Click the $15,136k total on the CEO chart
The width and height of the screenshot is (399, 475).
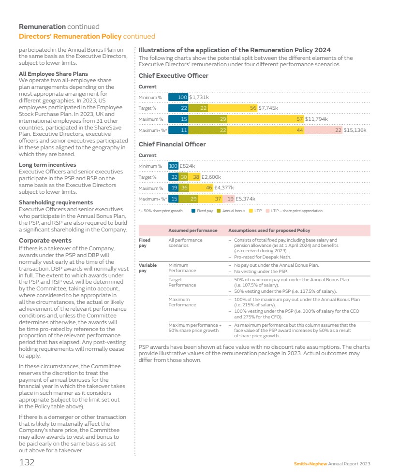pos(355,130)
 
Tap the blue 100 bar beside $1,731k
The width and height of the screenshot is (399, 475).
pos(178,98)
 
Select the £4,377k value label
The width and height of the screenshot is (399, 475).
pos(224,188)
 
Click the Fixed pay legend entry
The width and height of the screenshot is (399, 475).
pos(202,211)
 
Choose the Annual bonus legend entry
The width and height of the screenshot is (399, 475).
pos(231,211)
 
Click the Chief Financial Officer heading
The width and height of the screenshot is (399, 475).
pos(172,144)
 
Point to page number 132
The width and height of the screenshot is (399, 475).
pos(27,463)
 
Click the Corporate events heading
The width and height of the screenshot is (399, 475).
pos(45,240)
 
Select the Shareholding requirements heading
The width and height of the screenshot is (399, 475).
pos(56,202)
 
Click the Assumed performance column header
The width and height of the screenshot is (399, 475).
pos(192,230)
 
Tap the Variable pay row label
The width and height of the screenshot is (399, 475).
pos(145,268)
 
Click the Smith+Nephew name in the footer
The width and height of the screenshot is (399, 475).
pos(310,464)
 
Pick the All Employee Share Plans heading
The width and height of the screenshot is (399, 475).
pos(53,74)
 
